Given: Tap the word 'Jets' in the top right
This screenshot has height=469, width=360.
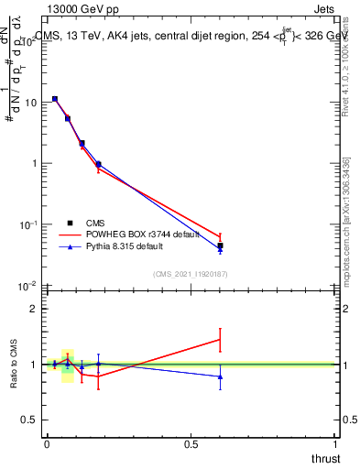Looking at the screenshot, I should (x=324, y=10).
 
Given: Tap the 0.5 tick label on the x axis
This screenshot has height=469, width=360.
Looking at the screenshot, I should (x=191, y=443).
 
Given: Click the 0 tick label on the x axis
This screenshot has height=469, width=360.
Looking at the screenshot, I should (x=47, y=443).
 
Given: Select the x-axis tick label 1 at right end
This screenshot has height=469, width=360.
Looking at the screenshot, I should (x=335, y=443).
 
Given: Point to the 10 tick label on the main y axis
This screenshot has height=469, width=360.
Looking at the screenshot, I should (x=30, y=103).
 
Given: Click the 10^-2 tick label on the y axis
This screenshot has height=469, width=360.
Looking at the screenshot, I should (x=28, y=286).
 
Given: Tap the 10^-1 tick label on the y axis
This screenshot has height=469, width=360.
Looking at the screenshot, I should (x=28, y=224).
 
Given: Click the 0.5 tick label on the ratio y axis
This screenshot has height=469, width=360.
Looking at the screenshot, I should (x=31, y=419).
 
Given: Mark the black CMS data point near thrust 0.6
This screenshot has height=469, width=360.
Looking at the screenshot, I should (x=220, y=245).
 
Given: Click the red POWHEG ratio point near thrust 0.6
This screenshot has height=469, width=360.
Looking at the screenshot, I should (x=220, y=340).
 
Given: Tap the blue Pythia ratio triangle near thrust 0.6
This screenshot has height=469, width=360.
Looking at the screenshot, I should (x=220, y=376).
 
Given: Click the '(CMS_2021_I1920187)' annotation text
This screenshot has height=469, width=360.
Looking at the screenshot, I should (x=190, y=274).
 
